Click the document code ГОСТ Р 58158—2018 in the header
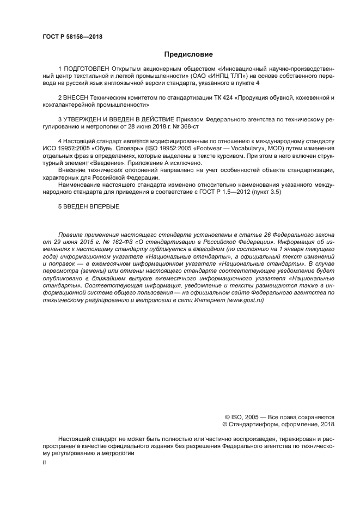(72, 37)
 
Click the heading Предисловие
(188, 54)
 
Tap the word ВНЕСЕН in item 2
(75, 97)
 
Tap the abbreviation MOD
(271, 148)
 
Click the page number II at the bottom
(44, 462)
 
